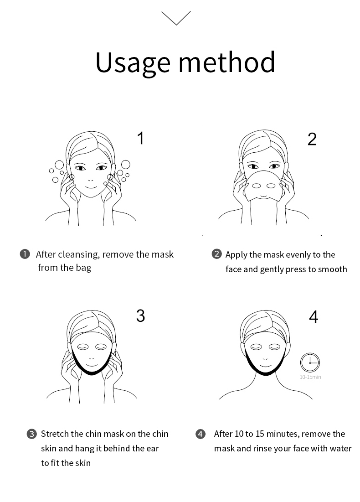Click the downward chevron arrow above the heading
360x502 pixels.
tap(176, 18)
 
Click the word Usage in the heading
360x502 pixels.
tap(133, 63)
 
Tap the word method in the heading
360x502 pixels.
tap(226, 62)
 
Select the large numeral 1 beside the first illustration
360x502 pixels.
tap(140, 138)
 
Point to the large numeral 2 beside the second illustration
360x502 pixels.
tap(312, 139)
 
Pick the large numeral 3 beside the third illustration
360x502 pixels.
tap(140, 316)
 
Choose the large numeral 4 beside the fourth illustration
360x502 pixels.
tap(314, 316)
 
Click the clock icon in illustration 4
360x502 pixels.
tap(310, 362)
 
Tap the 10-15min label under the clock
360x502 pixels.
tap(310, 377)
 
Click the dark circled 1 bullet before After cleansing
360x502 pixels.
tap(25, 254)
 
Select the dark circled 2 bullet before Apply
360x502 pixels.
tap(216, 254)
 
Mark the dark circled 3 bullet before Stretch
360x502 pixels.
tap(31, 434)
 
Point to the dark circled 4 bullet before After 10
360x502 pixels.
tap(201, 434)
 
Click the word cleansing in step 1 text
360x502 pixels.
tap(79, 255)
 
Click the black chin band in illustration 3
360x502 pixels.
tap(92, 370)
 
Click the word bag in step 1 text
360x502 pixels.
tap(83, 268)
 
